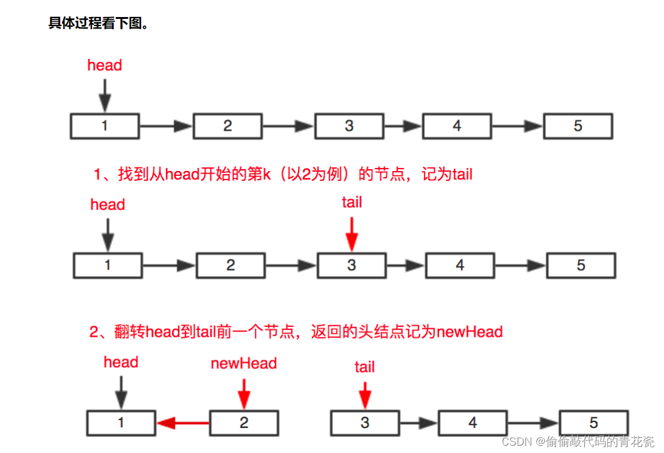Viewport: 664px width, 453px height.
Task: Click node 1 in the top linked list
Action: pos(105,126)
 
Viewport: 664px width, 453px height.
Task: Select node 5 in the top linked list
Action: pos(578,126)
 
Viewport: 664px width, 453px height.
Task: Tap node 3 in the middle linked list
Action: pos(351,265)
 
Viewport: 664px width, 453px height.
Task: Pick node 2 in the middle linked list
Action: pos(230,265)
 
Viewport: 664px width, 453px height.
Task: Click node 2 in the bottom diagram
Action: pos(244,423)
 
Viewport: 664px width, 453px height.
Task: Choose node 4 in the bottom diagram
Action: pos(472,423)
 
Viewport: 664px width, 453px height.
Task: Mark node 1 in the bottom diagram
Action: pos(121,423)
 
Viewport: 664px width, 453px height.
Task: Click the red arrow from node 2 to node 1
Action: pos(183,423)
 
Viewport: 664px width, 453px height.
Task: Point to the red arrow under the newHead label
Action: pos(244,393)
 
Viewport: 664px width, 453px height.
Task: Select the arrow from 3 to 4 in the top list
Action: pos(403,126)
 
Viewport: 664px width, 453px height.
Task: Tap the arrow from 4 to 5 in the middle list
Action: pos(520,265)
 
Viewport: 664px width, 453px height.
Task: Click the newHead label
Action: pos(244,363)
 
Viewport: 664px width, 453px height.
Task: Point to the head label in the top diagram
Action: pos(105,65)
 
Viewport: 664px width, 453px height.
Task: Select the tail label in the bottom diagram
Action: pos(364,367)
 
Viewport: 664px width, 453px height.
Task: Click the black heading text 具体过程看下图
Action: pos(99,24)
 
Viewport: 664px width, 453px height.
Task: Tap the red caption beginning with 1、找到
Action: pos(283,175)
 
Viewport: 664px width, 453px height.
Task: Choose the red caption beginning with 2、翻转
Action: pos(296,332)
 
